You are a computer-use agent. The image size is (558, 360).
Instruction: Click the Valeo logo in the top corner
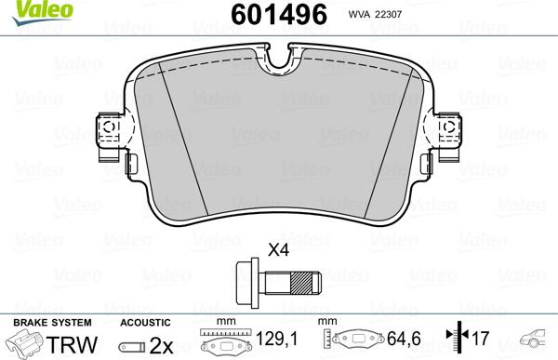[x=42, y=12]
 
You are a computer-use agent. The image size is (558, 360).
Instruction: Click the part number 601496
[x=279, y=14]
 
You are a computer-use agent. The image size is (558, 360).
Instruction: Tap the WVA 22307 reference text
[x=375, y=15]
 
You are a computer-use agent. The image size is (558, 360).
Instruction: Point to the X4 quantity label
[x=279, y=250]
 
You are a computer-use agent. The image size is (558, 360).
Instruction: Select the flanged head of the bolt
[x=247, y=283]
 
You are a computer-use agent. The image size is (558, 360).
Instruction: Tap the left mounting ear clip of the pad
[x=110, y=136]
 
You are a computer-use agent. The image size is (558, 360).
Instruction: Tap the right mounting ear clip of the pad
[x=448, y=136]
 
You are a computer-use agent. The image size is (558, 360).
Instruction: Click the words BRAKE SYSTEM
[x=52, y=323]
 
